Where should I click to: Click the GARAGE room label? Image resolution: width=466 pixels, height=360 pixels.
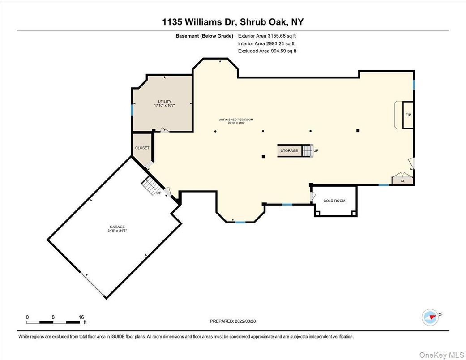117,227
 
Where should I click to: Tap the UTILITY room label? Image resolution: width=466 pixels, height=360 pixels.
164,102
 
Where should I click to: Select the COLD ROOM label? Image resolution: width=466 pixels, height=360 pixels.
334,201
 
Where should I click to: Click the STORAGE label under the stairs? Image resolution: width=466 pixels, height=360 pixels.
289,151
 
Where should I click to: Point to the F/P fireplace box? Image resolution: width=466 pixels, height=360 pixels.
408,115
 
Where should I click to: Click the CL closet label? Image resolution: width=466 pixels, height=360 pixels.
403,181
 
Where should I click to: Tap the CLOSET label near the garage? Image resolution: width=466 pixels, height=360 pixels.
142,148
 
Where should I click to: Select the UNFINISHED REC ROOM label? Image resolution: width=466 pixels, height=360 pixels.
236,120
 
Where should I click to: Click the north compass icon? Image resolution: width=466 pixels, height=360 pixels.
431,317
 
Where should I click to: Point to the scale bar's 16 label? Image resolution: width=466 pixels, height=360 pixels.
81,317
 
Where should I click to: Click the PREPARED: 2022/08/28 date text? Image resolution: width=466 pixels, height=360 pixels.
233,321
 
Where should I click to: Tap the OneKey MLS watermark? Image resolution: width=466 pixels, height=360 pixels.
441,355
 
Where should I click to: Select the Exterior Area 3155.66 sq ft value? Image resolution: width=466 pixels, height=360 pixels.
267,36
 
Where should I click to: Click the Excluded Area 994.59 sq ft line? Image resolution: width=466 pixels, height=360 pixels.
267,51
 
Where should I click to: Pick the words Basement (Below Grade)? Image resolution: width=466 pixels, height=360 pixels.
204,36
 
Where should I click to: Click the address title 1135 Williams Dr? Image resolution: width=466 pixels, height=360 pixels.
199,22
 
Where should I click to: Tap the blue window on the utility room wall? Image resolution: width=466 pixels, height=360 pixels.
132,110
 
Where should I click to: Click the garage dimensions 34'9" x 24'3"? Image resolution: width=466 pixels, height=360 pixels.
117,231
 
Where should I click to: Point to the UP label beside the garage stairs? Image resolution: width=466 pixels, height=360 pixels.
159,193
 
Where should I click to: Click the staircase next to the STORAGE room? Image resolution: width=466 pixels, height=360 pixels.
308,150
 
